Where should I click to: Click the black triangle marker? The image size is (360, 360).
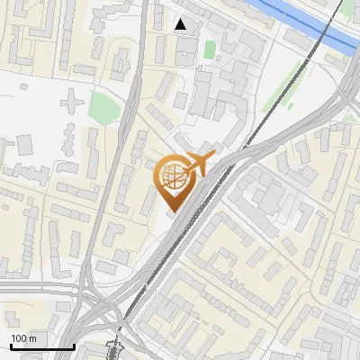[x=181, y=24]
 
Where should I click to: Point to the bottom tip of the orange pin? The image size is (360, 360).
[x=171, y=211]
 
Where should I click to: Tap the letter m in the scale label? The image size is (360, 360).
[x=33, y=338]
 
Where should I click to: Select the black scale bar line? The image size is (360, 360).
[x=41, y=346]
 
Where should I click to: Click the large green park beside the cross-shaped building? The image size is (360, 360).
[x=104, y=108]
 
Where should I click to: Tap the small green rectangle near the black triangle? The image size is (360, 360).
[x=210, y=49]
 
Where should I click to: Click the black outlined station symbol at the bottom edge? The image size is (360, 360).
[x=113, y=349]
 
